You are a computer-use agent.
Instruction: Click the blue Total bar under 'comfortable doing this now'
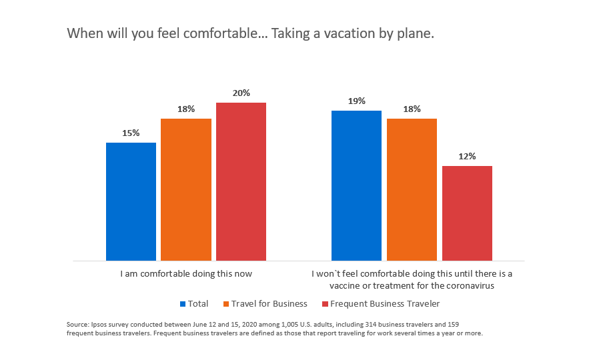(x=131, y=201)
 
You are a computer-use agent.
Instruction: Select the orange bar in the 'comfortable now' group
(x=186, y=189)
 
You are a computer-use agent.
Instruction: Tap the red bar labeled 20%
(x=241, y=181)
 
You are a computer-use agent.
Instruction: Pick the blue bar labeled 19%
(x=356, y=185)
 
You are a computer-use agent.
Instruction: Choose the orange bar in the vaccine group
(x=412, y=189)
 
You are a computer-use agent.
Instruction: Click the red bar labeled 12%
(x=467, y=213)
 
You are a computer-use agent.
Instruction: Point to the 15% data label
(x=131, y=133)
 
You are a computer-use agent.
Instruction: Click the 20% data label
(x=241, y=93)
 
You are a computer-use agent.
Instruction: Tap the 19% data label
(x=356, y=101)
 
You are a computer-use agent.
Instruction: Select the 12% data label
(x=467, y=157)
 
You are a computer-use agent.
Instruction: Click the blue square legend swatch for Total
(x=183, y=304)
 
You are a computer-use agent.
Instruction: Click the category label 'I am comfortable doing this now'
(x=186, y=273)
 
